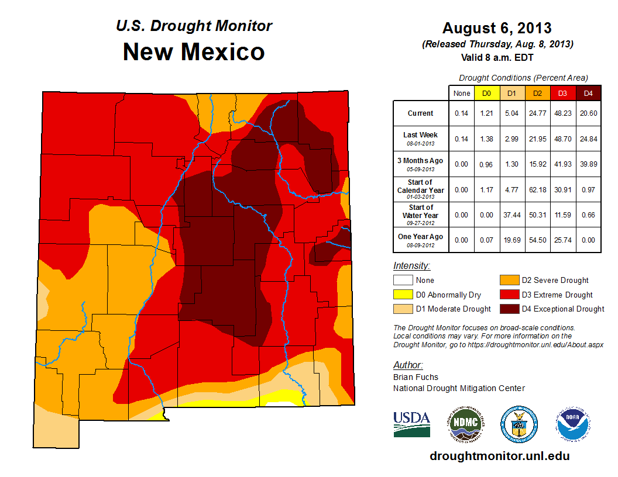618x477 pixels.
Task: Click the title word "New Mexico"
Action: click(x=194, y=52)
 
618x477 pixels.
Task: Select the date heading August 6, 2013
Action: click(x=497, y=28)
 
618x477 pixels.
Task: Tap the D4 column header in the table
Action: click(x=588, y=93)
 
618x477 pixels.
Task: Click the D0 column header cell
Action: click(x=486, y=93)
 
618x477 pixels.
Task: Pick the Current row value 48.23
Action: click(x=563, y=113)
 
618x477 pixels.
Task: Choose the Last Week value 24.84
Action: click(x=588, y=139)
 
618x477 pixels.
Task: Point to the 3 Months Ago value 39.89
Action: click(x=588, y=164)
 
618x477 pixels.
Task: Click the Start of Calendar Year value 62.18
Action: click(x=537, y=190)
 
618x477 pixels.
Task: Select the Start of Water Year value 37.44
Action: click(x=512, y=215)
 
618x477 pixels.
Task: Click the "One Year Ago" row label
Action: click(x=421, y=237)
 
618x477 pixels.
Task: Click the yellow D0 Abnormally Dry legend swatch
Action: click(x=402, y=295)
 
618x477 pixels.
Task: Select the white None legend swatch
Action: click(x=402, y=281)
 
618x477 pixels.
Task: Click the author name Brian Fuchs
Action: click(x=416, y=377)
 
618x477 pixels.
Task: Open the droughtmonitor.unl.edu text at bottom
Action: click(x=499, y=456)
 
